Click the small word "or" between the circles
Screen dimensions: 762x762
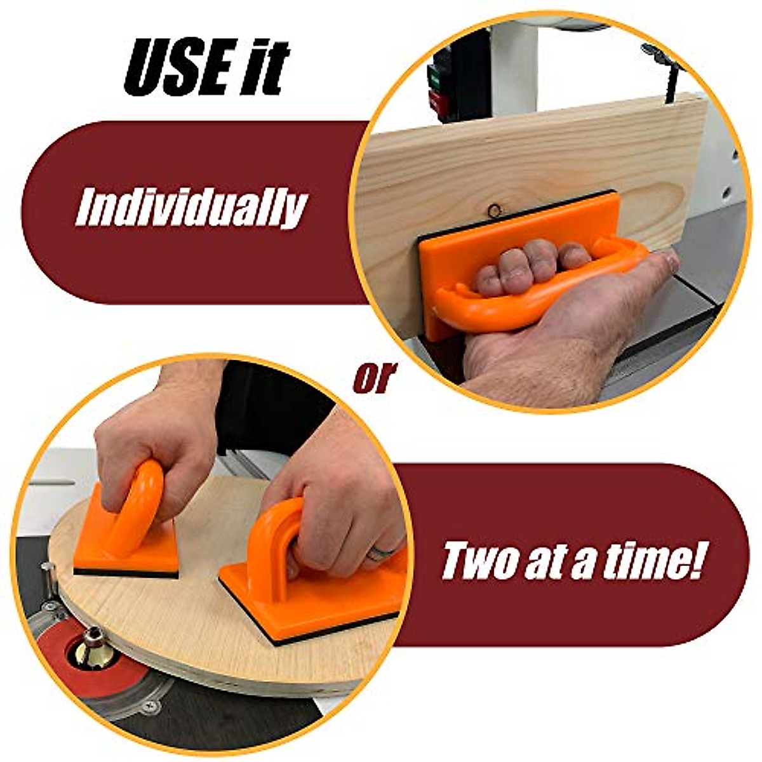click(375, 377)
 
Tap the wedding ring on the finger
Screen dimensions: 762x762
click(381, 552)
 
